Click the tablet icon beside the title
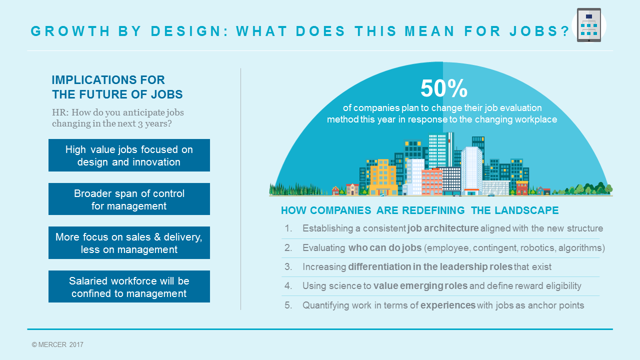(589, 25)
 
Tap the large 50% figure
(444, 88)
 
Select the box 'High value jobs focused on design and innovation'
(129, 155)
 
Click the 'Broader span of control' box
(129, 199)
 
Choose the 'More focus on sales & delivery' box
(129, 242)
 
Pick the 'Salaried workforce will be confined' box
(129, 286)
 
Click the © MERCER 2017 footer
(57, 344)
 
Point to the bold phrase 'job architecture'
(443, 228)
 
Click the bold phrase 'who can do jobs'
(385, 247)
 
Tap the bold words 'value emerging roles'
(420, 285)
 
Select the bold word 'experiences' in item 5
(447, 305)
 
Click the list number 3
(288, 266)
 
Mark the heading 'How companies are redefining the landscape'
(419, 210)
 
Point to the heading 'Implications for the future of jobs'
(117, 87)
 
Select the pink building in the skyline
(431, 182)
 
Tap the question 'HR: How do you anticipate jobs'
(117, 112)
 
